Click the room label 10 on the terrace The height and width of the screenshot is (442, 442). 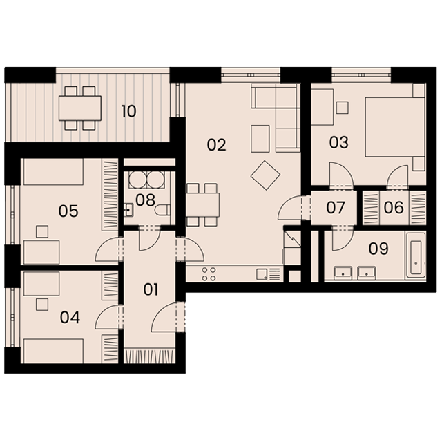(129, 111)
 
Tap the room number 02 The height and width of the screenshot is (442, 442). (216, 145)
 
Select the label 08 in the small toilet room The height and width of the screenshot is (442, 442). (145, 200)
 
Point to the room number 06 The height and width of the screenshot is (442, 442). (394, 208)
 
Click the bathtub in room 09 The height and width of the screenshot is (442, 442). (415, 256)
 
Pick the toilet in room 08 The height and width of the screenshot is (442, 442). (163, 210)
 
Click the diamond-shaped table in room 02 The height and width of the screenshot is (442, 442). (265, 175)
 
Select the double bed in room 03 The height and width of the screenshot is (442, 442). (394, 127)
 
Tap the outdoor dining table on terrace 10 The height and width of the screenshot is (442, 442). (80, 108)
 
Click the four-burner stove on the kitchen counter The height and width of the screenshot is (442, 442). (209, 274)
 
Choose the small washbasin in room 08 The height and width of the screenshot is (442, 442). (128, 210)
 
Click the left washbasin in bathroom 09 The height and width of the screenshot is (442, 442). (343, 273)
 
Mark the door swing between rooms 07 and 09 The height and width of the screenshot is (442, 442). (342, 240)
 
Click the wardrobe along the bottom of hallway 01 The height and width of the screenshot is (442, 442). (148, 356)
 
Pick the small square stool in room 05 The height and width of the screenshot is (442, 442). (42, 231)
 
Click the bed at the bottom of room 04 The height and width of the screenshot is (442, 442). (53, 351)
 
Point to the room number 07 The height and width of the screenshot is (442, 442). (336, 208)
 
